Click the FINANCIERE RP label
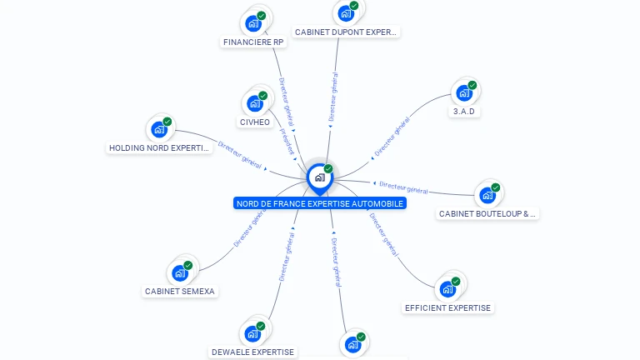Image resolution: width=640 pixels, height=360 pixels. (253, 42)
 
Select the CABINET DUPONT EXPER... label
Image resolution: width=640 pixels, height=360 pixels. (347, 32)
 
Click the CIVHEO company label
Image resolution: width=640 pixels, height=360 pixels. (255, 122)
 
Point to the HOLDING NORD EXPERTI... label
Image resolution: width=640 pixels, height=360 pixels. (159, 148)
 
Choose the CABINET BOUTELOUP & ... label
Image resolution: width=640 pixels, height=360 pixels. (487, 213)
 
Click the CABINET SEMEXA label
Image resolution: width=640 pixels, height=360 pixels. (180, 291)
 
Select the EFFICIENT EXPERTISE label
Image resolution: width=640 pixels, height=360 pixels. (447, 307)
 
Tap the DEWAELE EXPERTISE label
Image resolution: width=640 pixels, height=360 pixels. (252, 352)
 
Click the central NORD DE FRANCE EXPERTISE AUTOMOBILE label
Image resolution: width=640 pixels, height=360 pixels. (320, 203)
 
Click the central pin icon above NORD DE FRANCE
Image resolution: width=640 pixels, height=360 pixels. (319, 177)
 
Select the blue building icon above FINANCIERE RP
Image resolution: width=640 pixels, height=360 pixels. (253, 22)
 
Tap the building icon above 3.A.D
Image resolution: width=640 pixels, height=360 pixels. (464, 92)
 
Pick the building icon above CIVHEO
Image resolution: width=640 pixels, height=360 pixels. (254, 104)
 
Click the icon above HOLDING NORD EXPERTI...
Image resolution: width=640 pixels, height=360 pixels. (159, 130)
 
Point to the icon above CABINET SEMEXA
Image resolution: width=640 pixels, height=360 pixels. (180, 272)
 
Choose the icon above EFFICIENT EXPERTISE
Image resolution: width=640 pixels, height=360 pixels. (447, 289)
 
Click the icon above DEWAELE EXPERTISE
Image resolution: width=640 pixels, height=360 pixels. (252, 333)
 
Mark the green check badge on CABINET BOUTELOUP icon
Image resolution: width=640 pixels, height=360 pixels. (496, 187)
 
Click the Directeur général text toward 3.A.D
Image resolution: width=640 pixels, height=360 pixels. (392, 137)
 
